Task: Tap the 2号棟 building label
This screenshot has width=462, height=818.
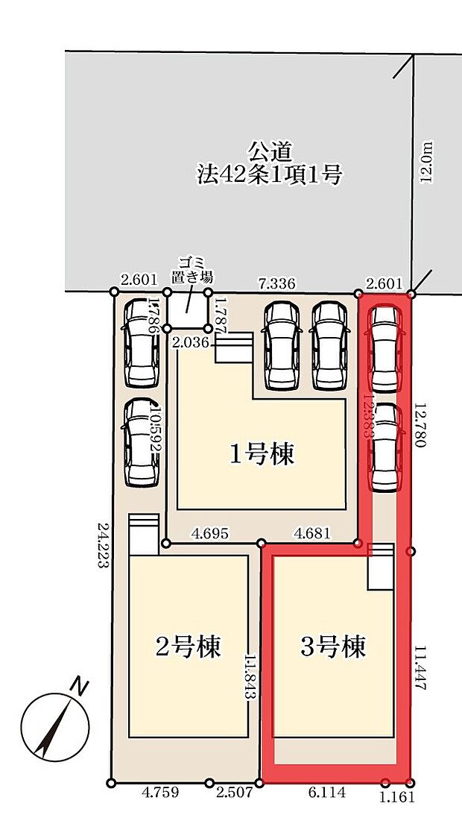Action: [189, 646]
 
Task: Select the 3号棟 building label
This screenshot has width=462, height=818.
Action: [334, 646]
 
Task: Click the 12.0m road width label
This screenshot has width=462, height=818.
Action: [427, 164]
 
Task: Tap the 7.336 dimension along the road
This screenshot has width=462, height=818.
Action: [276, 283]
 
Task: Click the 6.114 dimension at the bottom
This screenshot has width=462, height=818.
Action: [326, 793]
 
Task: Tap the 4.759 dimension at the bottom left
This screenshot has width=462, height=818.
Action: [159, 793]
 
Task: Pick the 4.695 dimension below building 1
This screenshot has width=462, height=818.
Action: [209, 534]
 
